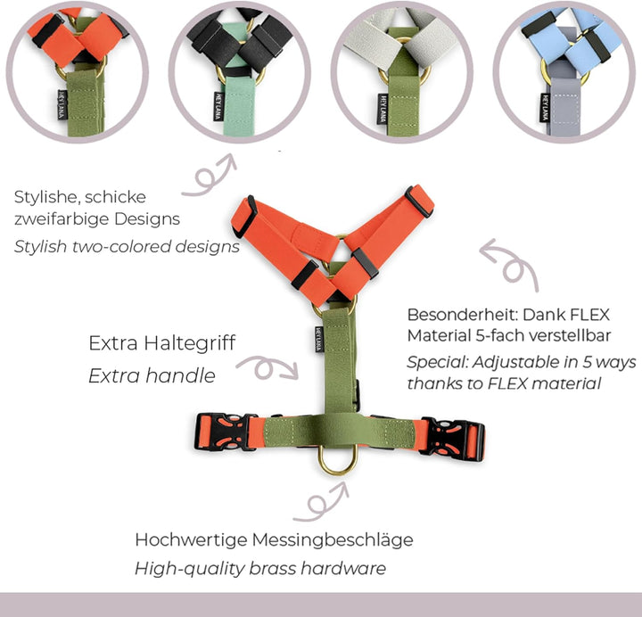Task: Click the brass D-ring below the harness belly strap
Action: click(338, 470)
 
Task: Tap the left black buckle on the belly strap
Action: click(221, 432)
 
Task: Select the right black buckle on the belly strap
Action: click(453, 439)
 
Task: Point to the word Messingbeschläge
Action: click(333, 540)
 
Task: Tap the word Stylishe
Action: click(46, 197)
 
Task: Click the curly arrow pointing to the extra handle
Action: click(267, 367)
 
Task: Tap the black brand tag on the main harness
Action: click(319, 339)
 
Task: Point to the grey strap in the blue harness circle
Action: click(565, 106)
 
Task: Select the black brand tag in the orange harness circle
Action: click(62, 105)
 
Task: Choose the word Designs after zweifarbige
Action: click(147, 219)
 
